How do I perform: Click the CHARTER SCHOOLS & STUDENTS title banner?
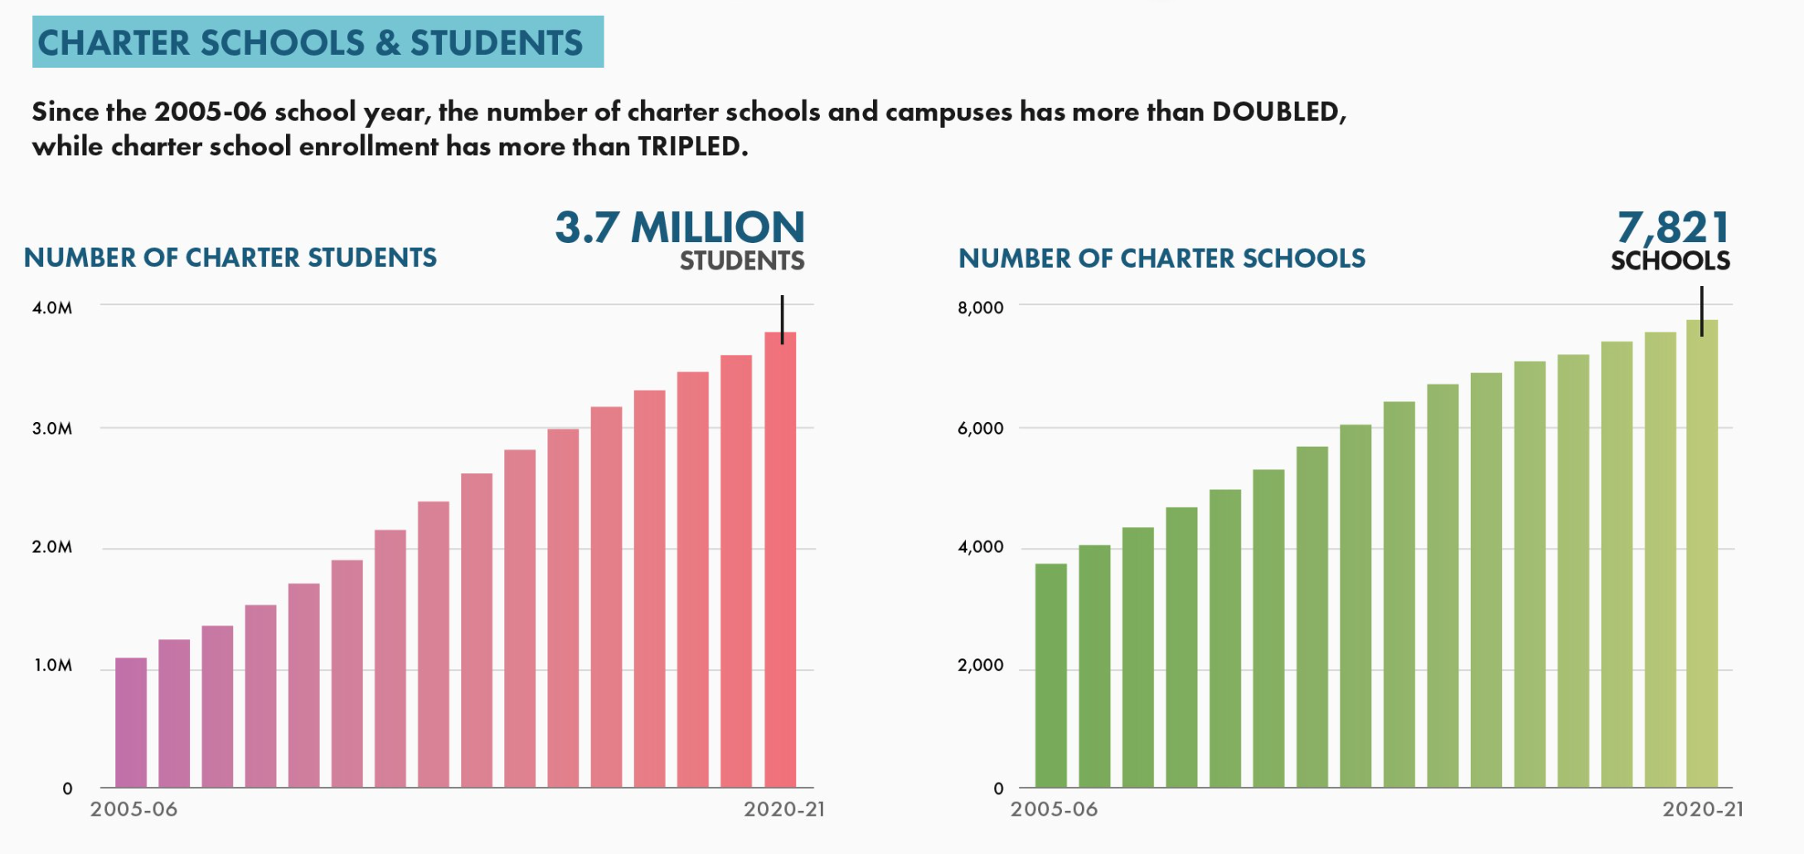318,42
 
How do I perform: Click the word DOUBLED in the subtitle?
1278,111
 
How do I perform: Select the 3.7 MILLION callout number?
680,227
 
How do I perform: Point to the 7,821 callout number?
1673,226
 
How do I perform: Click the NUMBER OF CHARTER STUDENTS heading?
230,258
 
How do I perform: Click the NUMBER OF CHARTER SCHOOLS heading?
1161,259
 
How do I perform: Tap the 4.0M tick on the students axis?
52,308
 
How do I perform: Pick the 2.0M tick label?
52,547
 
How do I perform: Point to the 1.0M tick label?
53,666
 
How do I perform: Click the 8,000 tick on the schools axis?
980,308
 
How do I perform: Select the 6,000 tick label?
980,429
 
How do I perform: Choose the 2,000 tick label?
980,666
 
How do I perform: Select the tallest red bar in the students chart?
780,564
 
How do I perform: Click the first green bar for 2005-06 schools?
1050,676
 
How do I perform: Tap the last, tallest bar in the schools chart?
1701,556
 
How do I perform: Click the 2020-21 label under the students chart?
783,809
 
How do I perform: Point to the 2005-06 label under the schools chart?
1054,809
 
